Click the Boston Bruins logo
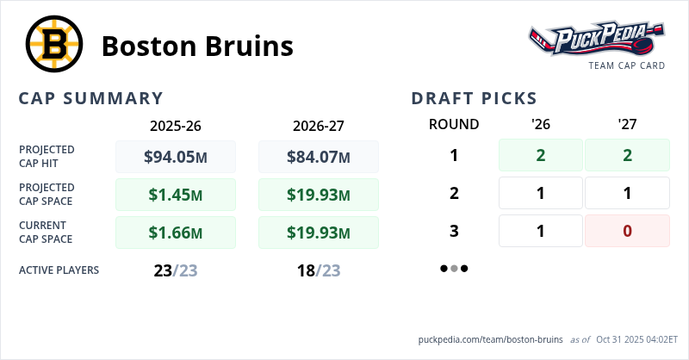[53, 46]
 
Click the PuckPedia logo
[596, 39]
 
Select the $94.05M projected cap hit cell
[175, 157]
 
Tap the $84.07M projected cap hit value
[318, 157]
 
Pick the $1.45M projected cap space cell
[175, 195]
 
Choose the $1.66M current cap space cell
[175, 233]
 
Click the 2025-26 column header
[175, 125]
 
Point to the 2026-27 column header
[318, 125]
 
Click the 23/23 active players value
[175, 270]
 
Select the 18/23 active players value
[318, 270]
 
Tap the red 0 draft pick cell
[627, 231]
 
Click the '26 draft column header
[541, 124]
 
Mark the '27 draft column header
[627, 124]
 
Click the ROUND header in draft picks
[454, 124]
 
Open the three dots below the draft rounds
[454, 268]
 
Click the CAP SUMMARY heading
[90, 98]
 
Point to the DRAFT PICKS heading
[475, 98]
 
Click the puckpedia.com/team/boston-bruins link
[490, 339]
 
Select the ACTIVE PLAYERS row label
[59, 270]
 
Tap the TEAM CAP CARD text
[626, 65]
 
